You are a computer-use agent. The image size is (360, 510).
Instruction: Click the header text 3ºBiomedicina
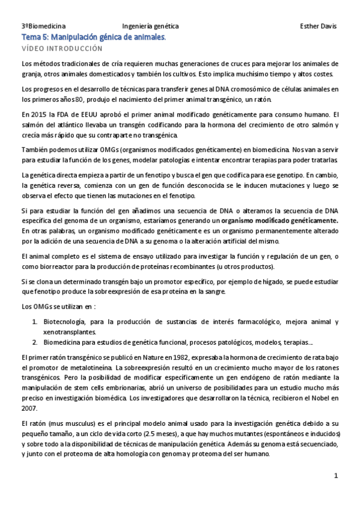[x=43, y=26]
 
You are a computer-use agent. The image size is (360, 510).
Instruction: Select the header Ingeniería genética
[x=150, y=26]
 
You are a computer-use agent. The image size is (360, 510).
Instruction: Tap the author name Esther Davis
[x=318, y=26]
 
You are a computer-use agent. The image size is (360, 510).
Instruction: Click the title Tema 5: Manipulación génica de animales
[x=93, y=37]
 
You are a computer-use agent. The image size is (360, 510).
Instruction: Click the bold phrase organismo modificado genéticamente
[x=287, y=221]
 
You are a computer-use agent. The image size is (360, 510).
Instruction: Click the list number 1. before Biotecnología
[x=34, y=322]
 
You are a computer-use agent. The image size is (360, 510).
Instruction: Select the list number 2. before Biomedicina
[x=34, y=342]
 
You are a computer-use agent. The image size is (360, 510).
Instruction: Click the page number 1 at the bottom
[x=336, y=476]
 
